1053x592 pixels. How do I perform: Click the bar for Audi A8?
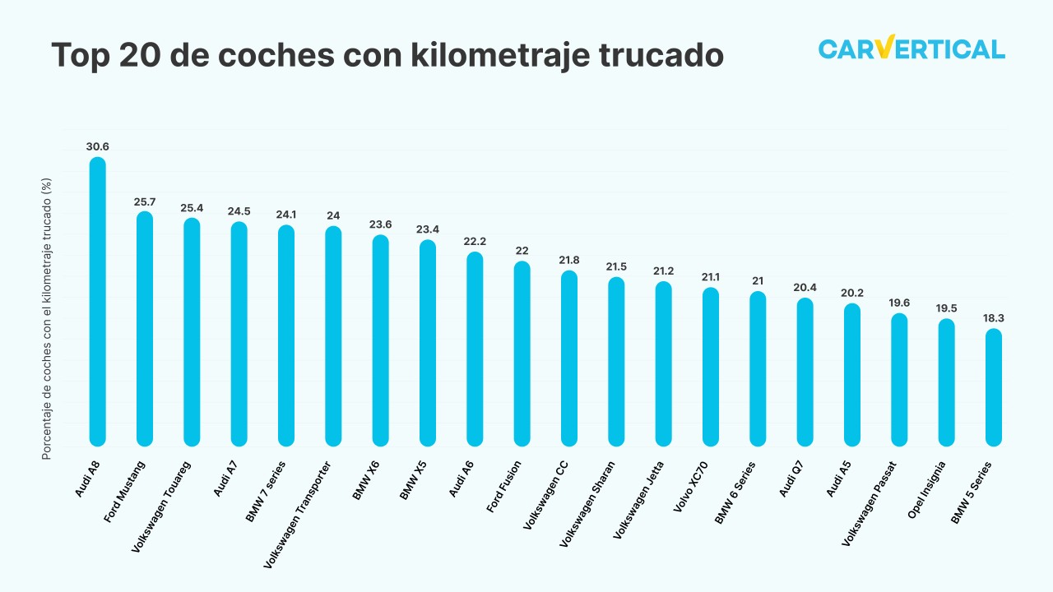(97, 302)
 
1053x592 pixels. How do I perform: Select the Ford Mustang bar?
(145, 329)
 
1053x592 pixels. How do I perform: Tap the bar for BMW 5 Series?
(994, 388)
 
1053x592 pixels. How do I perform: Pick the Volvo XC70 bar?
(711, 367)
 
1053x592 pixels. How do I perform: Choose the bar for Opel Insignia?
(947, 382)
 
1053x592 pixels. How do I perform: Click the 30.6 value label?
(97, 147)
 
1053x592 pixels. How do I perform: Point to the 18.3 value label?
(994, 318)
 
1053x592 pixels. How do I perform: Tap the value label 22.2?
(475, 242)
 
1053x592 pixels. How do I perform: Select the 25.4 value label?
(192, 207)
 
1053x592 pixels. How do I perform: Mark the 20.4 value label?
(805, 287)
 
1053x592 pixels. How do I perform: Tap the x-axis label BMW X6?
(367, 481)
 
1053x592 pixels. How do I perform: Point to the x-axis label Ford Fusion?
(504, 488)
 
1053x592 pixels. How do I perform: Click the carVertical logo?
(912, 49)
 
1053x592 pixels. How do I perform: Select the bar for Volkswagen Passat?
(899, 380)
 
